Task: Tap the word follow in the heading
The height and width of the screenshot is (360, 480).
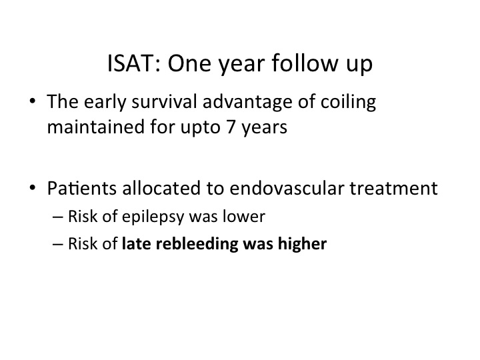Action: coord(305,63)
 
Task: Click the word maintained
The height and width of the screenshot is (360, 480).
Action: coord(95,127)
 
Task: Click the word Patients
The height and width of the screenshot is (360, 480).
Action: coord(82,188)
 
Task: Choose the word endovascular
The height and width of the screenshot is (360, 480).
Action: coord(287,188)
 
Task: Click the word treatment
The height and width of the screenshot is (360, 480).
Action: coord(394,189)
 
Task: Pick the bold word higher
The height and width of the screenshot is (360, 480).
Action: coord(302,245)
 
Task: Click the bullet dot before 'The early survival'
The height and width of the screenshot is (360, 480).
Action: coord(33,101)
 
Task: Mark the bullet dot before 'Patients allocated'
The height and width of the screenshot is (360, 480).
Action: coord(33,187)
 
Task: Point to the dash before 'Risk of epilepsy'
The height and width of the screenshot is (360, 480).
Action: coord(58,217)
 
